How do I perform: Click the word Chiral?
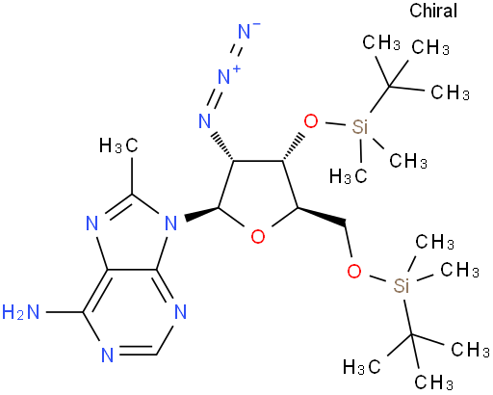[x=433, y=11]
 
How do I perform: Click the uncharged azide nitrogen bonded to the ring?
[x=205, y=120]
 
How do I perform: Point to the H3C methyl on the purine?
[x=118, y=145]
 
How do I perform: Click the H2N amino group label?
[x=21, y=312]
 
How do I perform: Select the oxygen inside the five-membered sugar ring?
[x=258, y=237]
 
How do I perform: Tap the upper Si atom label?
[x=359, y=126]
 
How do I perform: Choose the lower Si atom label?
[x=402, y=285]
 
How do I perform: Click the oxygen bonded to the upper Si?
[x=311, y=121]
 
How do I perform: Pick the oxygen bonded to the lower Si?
[x=354, y=272]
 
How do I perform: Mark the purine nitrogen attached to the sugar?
[x=171, y=223]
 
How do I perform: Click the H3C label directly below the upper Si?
[x=349, y=176]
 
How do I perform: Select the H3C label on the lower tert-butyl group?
[x=362, y=366]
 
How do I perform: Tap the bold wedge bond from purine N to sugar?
[x=202, y=213]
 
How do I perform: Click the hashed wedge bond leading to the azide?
[x=223, y=145]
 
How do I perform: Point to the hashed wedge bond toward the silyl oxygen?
[x=293, y=146]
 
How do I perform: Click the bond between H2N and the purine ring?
[x=65, y=312]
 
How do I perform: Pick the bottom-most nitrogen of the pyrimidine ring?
[x=108, y=355]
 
